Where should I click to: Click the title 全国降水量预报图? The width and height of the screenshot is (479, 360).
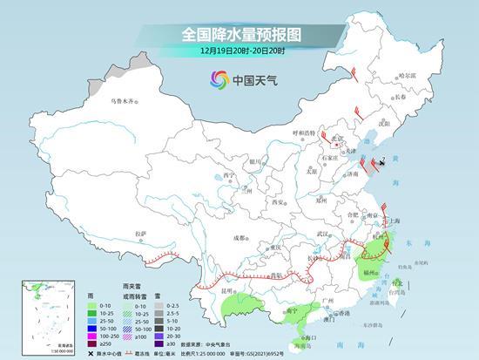239,35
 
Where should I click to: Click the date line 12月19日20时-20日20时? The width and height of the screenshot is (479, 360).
239,54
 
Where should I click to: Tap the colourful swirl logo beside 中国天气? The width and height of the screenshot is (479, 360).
215,80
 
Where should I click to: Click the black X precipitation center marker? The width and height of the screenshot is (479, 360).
381,163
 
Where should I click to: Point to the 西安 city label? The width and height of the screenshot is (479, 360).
279,202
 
